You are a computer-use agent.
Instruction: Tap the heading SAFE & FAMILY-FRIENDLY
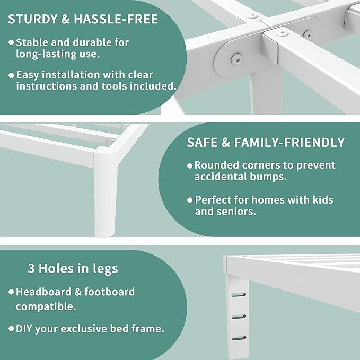point(266,142)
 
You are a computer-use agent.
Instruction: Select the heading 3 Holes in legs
point(73,268)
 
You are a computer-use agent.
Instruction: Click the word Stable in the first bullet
point(33,41)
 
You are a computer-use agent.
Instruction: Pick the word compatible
point(45,306)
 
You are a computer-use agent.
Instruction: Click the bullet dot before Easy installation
point(11,75)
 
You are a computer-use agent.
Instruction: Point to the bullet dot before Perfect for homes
point(189,200)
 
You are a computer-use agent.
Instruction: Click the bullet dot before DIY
point(11,329)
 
